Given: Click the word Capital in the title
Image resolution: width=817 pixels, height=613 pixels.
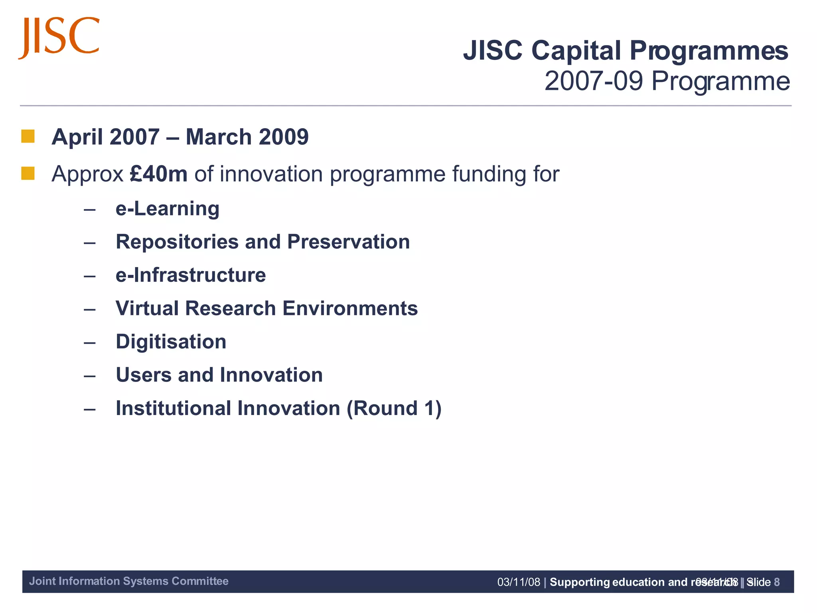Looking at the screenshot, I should point(576,51).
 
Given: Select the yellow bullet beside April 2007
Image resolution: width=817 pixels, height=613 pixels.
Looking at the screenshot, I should point(28,136).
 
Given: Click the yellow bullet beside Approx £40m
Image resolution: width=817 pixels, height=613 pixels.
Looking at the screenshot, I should point(28,174).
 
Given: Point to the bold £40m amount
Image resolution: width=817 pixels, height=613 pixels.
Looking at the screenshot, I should point(159,174).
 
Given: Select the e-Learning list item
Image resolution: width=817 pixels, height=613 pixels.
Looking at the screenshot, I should point(168,209).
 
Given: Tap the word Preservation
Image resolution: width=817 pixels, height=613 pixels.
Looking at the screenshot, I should point(348,242).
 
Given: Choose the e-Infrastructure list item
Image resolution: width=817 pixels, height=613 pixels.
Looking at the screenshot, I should point(191,275).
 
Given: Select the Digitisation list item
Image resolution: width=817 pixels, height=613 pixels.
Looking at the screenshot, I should point(171,342).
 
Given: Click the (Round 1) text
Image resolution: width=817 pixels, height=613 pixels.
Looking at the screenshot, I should point(394,408).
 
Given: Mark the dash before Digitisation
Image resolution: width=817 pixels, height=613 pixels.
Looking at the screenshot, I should point(90,342).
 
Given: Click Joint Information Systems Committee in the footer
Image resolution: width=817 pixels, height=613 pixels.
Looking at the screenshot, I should point(129,581).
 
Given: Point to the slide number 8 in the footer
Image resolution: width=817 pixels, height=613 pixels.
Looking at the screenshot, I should point(776,582).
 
